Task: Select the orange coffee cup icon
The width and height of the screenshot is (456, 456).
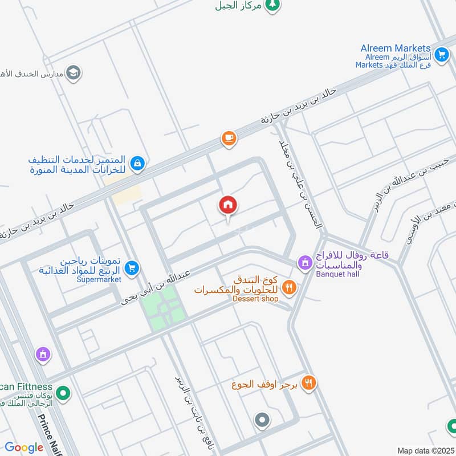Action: coord(229,139)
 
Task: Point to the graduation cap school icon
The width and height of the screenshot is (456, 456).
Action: coord(73,72)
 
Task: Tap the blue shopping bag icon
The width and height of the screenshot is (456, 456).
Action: coord(137,164)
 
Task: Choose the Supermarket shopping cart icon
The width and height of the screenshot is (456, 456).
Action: coord(132,267)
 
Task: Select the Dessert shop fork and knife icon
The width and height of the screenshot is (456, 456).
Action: coord(290,287)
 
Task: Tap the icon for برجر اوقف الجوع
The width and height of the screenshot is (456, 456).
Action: coord(309,383)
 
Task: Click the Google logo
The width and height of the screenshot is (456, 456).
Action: coord(24,447)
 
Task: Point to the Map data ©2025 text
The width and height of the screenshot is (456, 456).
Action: coord(426,450)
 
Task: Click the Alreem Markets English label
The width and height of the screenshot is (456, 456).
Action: coord(395,48)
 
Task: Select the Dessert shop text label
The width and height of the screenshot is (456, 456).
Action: coord(255,299)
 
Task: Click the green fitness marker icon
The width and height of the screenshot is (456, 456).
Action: coord(64,393)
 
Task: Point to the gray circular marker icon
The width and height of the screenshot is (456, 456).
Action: coord(262,421)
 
